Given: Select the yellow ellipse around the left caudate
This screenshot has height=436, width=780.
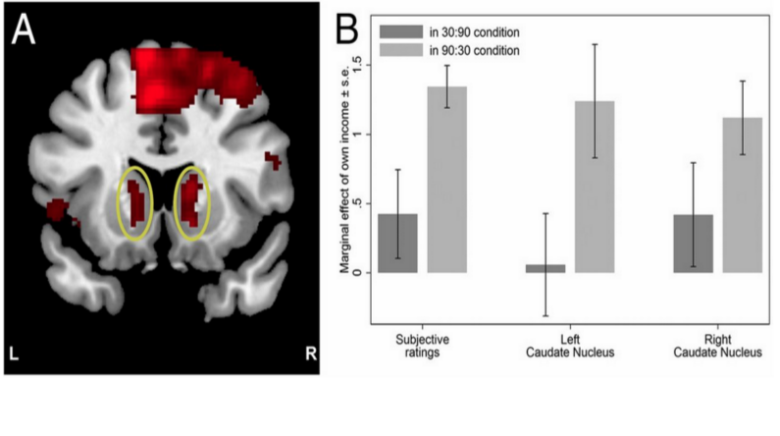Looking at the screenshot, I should pos(135,204).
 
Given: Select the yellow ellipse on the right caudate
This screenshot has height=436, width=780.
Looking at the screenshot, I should pos(193,204).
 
